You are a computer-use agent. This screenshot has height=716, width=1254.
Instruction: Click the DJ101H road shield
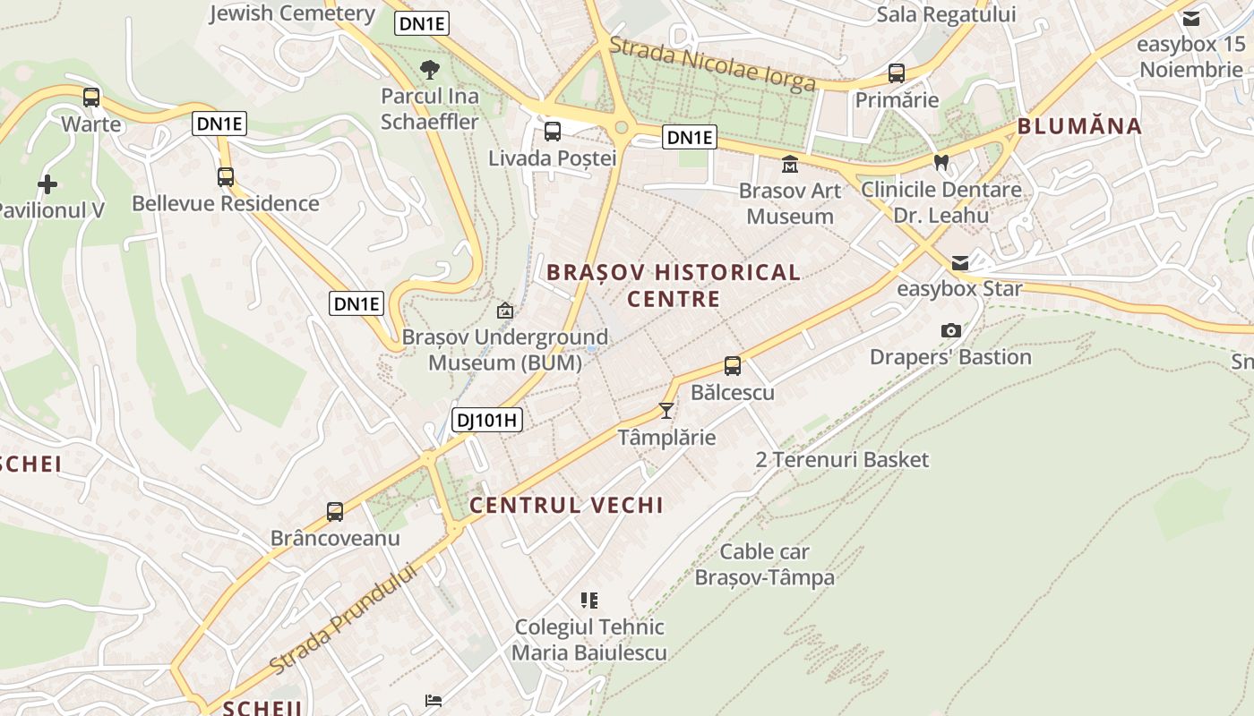pos(487,420)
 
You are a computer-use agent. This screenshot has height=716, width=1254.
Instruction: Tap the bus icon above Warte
pos(90,98)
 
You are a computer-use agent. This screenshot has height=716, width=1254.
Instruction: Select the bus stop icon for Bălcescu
pos(733,366)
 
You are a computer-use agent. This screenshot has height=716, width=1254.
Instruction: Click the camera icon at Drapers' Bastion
pos(951,330)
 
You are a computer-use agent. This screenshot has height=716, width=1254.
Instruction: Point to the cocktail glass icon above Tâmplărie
pos(666,411)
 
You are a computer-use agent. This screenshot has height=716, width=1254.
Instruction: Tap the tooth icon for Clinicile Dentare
pos(940,163)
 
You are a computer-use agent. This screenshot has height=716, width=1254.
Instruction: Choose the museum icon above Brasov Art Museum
pos(790,164)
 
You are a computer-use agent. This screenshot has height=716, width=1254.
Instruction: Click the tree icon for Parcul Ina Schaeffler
pos(430,69)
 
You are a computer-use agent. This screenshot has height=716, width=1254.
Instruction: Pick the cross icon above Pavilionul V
pos(47,184)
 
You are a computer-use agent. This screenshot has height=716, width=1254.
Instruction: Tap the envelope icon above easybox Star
pos(960,262)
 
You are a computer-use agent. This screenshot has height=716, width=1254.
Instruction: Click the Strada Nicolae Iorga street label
pos(712,64)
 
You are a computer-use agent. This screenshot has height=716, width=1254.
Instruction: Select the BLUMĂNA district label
pos(1079,126)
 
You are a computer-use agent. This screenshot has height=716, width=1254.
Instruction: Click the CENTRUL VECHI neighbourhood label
pos(566,505)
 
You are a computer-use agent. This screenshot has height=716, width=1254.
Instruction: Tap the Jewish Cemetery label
pos(292,13)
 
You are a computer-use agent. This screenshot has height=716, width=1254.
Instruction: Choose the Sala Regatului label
pos(946,14)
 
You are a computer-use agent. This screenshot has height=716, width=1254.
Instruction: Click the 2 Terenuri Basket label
pos(842,460)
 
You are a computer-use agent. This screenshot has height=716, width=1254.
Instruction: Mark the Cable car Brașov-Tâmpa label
pos(765,565)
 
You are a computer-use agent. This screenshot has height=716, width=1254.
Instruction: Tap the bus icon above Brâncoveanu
pos(335,512)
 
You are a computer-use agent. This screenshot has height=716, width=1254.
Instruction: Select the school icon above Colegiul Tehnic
pos(589,600)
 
